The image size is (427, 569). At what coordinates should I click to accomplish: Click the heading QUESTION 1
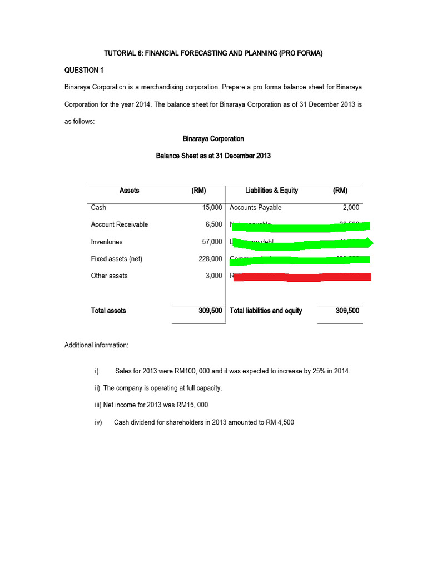(x=84, y=70)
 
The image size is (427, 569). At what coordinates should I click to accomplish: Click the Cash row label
(x=98, y=207)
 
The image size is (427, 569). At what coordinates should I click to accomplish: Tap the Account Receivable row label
(x=120, y=224)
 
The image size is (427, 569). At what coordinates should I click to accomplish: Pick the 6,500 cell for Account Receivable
(x=213, y=224)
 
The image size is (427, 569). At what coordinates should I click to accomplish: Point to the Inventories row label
(x=107, y=242)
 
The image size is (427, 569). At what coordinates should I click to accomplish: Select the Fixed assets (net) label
(x=117, y=259)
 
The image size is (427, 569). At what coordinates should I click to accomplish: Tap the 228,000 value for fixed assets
(x=210, y=259)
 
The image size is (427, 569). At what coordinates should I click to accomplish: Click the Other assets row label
(x=109, y=276)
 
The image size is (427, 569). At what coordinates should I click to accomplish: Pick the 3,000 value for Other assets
(x=213, y=276)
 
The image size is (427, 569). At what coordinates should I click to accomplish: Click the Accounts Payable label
(x=255, y=207)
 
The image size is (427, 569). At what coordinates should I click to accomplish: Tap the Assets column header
(x=129, y=191)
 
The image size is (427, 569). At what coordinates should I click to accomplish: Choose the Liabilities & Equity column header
(x=271, y=191)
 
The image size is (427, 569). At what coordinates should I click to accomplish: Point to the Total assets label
(x=108, y=311)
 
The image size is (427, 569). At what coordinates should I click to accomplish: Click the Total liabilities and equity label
(x=266, y=311)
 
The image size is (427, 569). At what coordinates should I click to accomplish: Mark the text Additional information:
(x=96, y=345)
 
